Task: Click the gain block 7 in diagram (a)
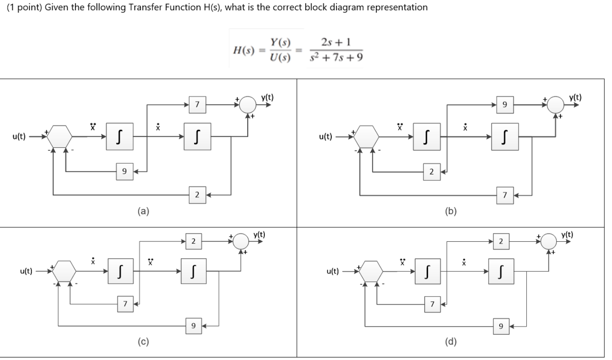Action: [x=197, y=104]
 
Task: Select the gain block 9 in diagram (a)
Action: [x=124, y=171]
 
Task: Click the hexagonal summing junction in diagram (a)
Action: [x=60, y=137]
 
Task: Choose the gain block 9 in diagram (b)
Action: [x=504, y=104]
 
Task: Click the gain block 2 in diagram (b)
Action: [x=432, y=171]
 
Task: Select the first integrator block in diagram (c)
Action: [x=121, y=271]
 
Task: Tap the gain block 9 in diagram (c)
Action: [x=193, y=326]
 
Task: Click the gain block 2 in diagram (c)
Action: [x=193, y=242]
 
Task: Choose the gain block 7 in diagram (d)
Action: [x=432, y=304]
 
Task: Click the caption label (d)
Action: [x=451, y=342]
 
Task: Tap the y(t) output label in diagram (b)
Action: [x=575, y=97]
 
